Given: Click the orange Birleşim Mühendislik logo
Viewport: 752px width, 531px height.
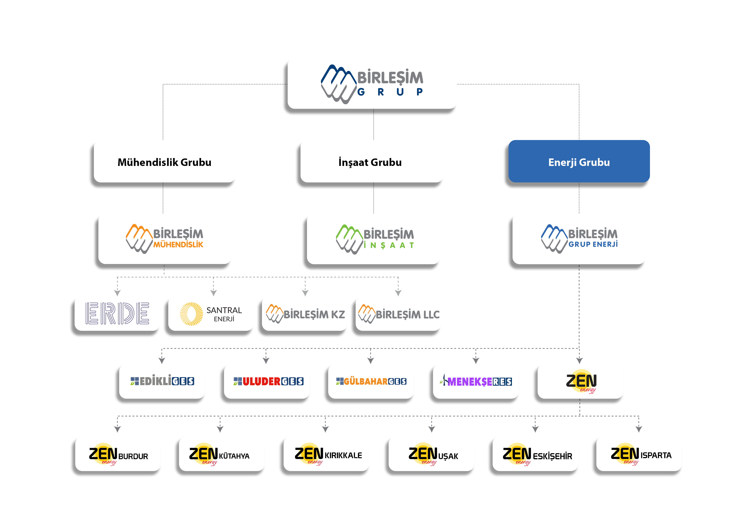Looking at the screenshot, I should tap(164, 239).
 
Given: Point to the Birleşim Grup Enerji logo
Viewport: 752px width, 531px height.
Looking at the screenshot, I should tap(579, 239).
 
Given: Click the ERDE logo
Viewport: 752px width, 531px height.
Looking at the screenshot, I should tap(117, 313).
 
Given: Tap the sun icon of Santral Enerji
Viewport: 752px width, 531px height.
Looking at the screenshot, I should tap(191, 314).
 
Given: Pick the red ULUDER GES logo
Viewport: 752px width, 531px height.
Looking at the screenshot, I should tap(268, 381).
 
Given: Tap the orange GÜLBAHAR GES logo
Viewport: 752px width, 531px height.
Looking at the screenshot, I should tap(371, 381).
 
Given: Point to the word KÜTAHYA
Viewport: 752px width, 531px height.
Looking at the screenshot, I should tap(234, 456).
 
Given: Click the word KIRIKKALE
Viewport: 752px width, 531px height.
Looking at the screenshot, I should tap(343, 455).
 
